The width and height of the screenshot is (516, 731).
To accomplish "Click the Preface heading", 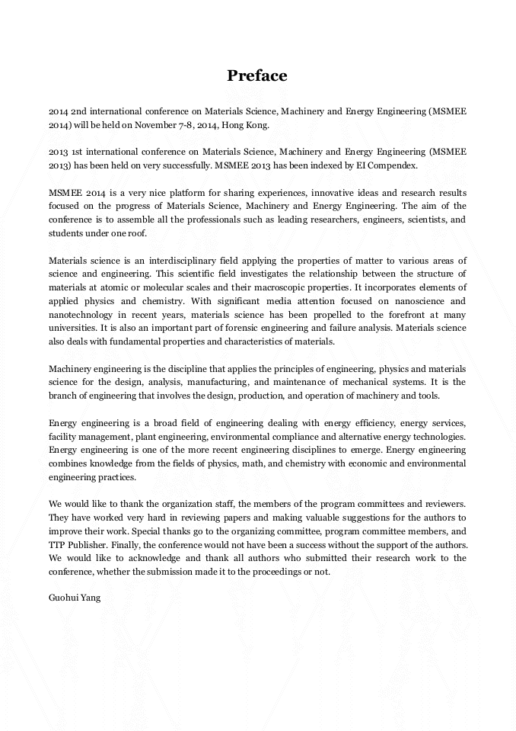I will click(x=257, y=75).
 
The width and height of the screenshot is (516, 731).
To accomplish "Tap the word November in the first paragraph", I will click(x=159, y=125).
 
